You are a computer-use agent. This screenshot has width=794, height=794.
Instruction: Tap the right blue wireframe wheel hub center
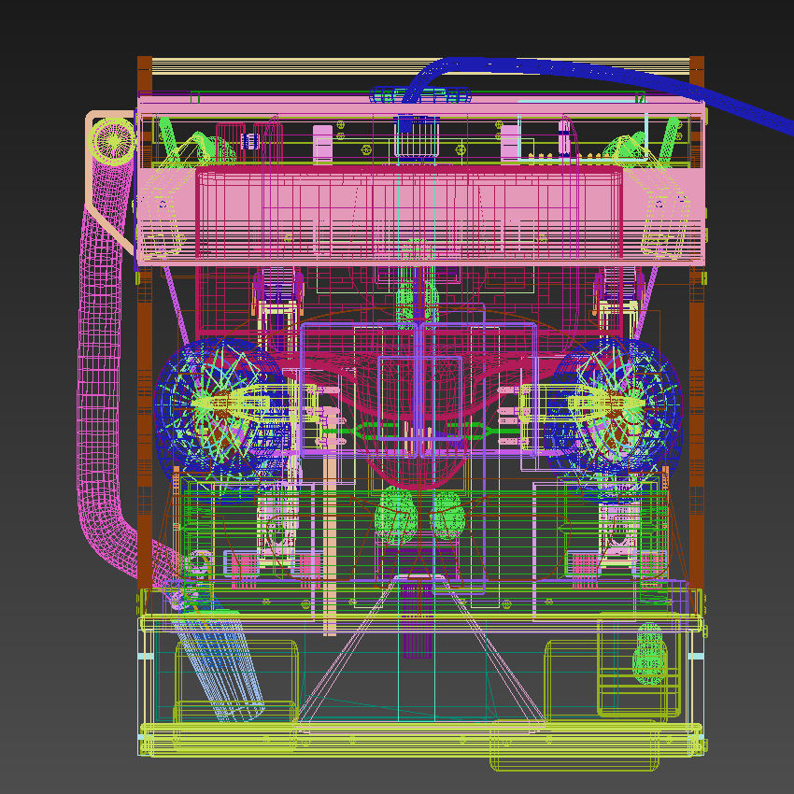pyautogui.click(x=617, y=404)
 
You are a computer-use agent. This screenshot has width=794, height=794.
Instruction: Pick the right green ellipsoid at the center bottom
pyautogui.click(x=447, y=515)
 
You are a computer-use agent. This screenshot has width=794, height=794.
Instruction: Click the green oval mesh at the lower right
pyautogui.click(x=650, y=653)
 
